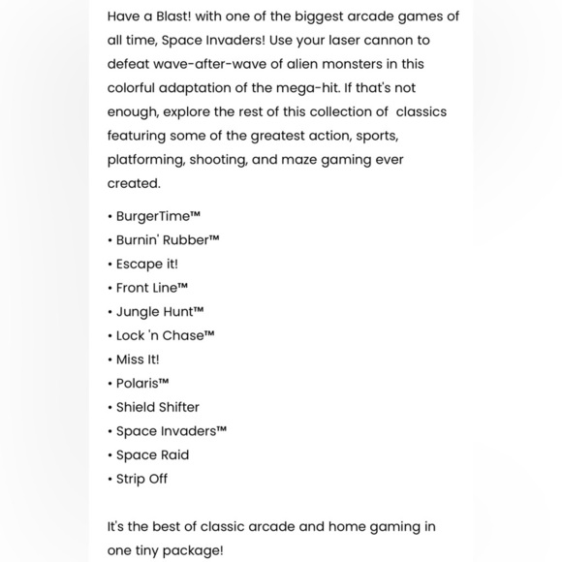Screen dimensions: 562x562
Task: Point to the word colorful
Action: tap(140, 88)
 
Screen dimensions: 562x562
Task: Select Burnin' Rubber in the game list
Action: tap(168, 239)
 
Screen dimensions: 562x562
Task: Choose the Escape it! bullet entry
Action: tap(146, 264)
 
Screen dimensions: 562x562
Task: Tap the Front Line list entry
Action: tap(151, 288)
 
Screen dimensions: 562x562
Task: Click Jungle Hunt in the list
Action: tap(160, 312)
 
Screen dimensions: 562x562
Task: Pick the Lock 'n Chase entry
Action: tap(165, 335)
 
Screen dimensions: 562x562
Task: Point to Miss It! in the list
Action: tap(138, 359)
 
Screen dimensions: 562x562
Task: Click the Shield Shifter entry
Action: tap(157, 407)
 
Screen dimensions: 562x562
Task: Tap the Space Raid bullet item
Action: tap(152, 454)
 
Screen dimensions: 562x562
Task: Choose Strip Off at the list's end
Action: tap(141, 479)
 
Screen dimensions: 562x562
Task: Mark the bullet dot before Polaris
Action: tap(110, 384)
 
